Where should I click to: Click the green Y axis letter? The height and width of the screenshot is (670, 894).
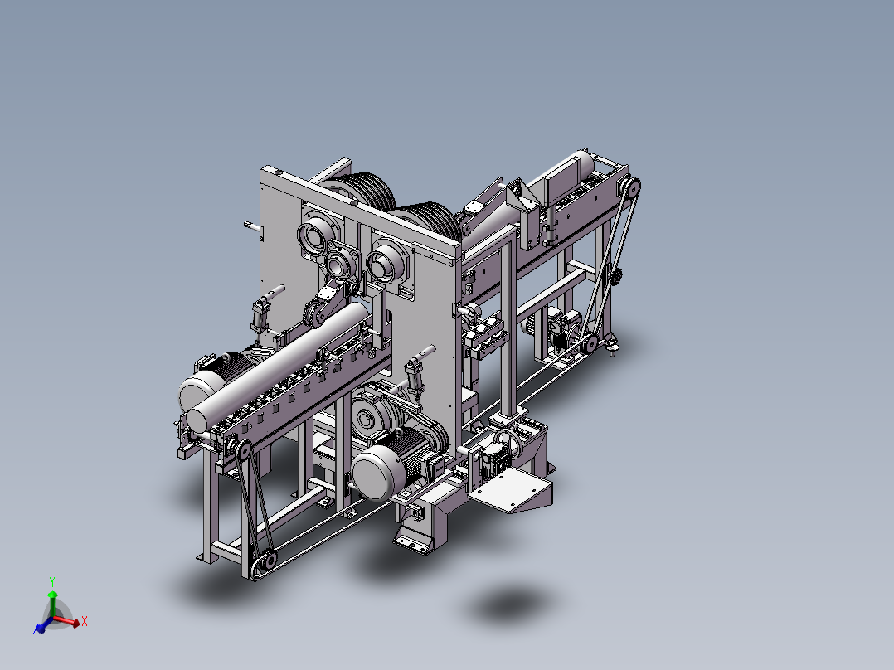coord(52,582)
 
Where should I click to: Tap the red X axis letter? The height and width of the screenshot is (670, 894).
coord(85,621)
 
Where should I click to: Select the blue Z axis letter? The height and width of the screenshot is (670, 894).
coord(36,629)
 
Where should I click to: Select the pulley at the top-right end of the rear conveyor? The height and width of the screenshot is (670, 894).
coord(632,187)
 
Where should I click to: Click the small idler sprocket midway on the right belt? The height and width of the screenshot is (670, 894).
coord(615,277)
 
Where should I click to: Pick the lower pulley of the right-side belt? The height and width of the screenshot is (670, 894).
coord(590,343)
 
